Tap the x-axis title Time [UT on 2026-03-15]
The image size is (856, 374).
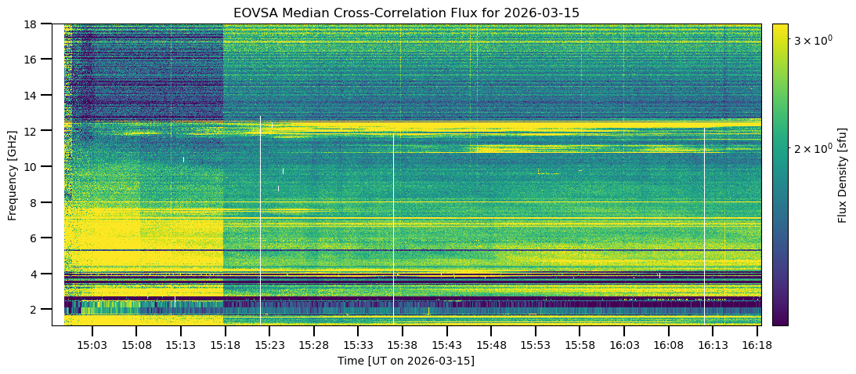click(x=406, y=361)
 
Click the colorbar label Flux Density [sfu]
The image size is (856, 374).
click(x=843, y=174)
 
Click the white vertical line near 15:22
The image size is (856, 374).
click(x=261, y=220)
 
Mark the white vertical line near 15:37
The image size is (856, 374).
click(x=394, y=227)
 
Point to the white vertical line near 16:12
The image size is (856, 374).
click(x=704, y=227)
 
